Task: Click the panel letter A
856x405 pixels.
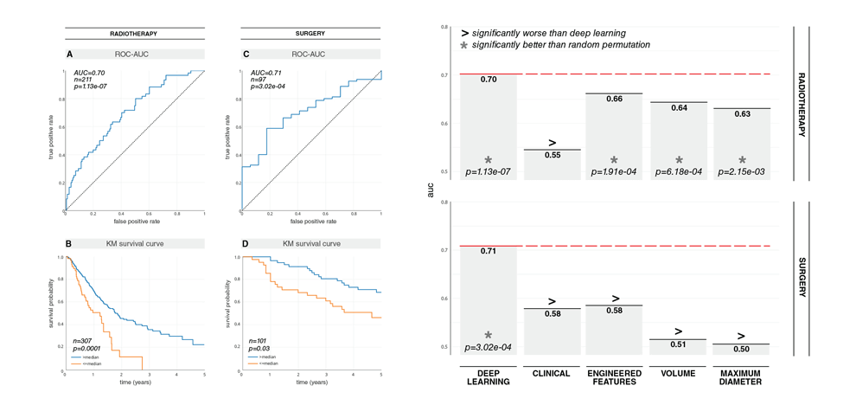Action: (x=70, y=54)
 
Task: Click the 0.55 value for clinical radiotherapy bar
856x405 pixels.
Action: (x=552, y=155)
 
